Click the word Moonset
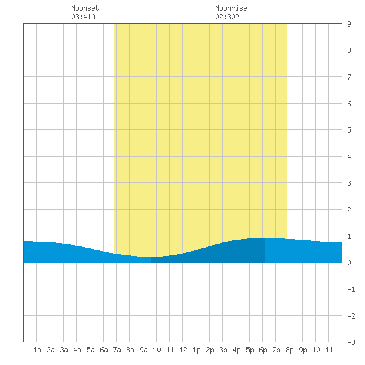85,8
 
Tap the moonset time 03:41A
83,17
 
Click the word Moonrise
231,8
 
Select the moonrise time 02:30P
227,17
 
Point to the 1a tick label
37,350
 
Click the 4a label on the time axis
77,350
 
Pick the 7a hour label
117,350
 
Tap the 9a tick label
143,350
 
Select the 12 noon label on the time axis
183,350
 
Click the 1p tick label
196,350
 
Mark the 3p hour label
223,350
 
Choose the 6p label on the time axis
263,350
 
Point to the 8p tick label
289,350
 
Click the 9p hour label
303,350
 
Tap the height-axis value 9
349,24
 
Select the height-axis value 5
349,130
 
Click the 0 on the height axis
349,263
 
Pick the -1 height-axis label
351,289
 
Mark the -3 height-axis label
351,342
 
